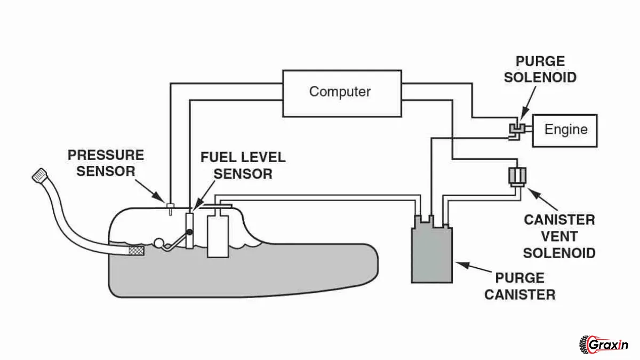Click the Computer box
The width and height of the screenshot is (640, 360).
[x=340, y=93]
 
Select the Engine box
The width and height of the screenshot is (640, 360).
[x=565, y=130]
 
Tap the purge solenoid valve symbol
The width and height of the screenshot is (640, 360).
[x=516, y=129]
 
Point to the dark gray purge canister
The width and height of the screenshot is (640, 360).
[x=431, y=254]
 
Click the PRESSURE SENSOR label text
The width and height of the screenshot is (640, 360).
[x=106, y=163]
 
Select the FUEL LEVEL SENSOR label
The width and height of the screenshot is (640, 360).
[x=243, y=165]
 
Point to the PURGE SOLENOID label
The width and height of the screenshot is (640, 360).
[x=540, y=69]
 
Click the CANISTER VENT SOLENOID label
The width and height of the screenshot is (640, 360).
[x=559, y=236]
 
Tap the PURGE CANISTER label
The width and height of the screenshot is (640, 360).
[x=519, y=286]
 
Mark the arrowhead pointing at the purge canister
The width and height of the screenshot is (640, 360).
[x=458, y=263]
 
